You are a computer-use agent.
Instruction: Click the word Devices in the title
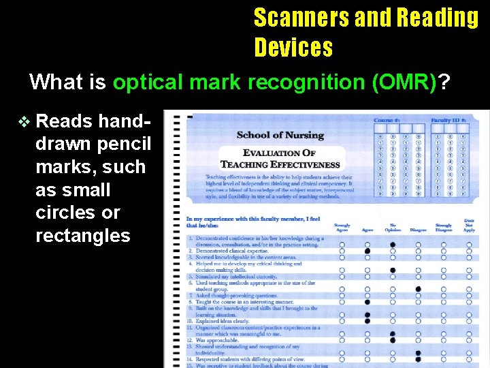(293, 48)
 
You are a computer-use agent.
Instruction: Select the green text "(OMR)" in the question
(404, 82)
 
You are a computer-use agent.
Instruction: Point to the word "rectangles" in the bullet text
(82, 236)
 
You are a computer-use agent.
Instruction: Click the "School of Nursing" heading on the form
(280, 135)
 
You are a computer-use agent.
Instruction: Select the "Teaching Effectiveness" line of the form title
(280, 164)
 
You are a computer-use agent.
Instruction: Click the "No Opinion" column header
(392, 227)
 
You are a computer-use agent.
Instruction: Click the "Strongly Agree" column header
(342, 227)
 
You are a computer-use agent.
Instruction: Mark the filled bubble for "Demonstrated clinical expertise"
(367, 251)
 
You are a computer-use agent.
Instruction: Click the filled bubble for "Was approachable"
(393, 339)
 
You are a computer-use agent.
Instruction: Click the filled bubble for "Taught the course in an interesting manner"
(367, 301)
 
